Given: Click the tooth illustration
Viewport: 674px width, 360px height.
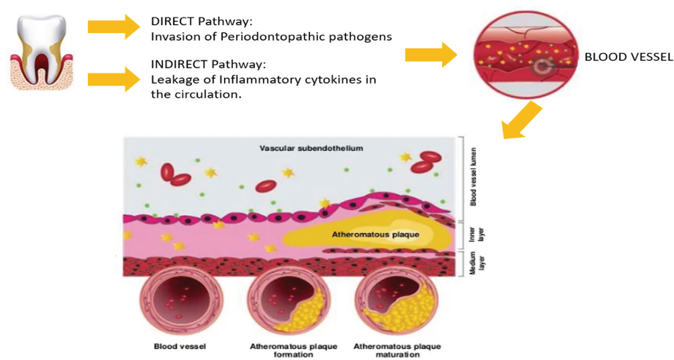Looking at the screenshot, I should pyautogui.click(x=42, y=53).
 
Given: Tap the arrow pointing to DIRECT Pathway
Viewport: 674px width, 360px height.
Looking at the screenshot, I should pyautogui.click(x=113, y=27).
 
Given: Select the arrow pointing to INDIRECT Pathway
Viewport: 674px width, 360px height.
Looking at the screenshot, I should pyautogui.click(x=113, y=79).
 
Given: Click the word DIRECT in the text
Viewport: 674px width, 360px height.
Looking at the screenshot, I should pyautogui.click(x=172, y=21).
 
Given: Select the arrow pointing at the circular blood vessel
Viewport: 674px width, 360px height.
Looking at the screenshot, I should pyautogui.click(x=430, y=55).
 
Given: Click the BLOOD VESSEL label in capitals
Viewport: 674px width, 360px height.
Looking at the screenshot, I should pyautogui.click(x=628, y=57).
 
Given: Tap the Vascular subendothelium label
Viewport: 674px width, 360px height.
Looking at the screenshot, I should pyautogui.click(x=311, y=148).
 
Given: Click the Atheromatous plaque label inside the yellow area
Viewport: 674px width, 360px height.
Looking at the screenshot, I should pyautogui.click(x=375, y=235).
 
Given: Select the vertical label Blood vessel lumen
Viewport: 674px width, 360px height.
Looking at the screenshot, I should pyautogui.click(x=473, y=177).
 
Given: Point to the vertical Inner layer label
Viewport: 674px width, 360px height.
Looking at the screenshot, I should pyautogui.click(x=477, y=235).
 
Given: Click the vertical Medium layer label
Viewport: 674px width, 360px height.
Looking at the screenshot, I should pyautogui.click(x=477, y=263).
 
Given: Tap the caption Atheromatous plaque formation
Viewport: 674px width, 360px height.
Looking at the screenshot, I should pyautogui.click(x=294, y=350).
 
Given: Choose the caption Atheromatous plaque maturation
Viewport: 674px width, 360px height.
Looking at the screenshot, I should pyautogui.click(x=397, y=350).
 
